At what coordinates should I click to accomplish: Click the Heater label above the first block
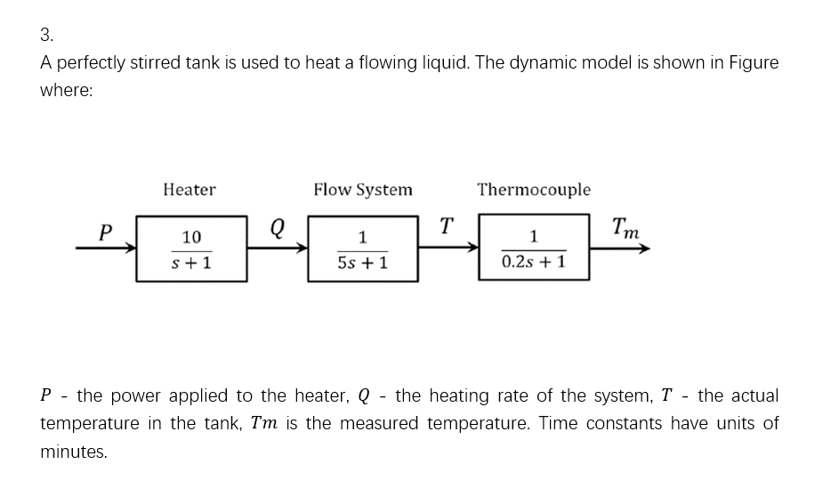190,190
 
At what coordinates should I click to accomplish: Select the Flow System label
363,190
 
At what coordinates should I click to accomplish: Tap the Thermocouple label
534,190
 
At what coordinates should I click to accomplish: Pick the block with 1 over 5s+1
363,249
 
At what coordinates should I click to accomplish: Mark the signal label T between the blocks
447,226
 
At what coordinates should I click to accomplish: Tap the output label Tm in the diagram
626,230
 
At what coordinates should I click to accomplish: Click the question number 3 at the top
46,35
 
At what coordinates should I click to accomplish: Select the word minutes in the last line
74,452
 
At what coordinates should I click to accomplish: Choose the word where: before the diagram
67,92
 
